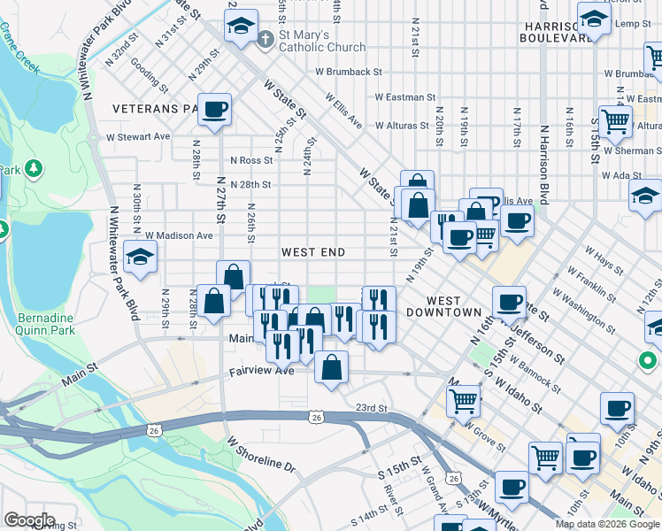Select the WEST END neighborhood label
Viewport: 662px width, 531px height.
[x=312, y=253]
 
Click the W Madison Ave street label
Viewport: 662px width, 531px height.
[x=179, y=236]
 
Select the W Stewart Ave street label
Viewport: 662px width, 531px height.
[x=137, y=137]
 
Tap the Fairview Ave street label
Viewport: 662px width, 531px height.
[x=261, y=372]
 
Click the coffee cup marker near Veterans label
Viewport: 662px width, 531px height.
[x=214, y=111]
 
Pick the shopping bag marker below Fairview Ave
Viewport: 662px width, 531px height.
[x=331, y=368]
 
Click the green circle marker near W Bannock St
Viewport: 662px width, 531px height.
[x=647, y=360]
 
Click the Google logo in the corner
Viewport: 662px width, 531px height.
[x=28, y=520]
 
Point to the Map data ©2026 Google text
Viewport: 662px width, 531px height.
[x=606, y=524]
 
